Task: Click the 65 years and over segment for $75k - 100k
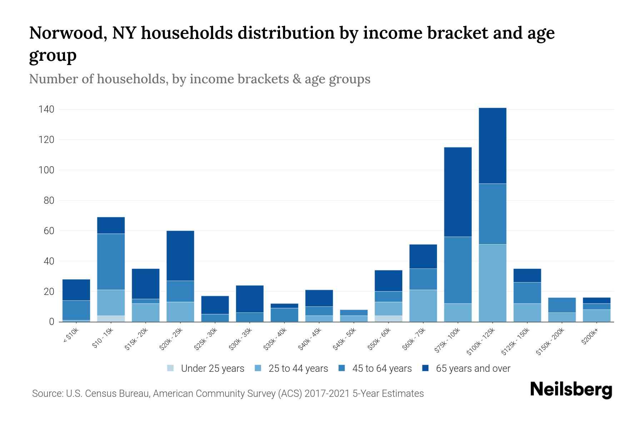tap(458, 192)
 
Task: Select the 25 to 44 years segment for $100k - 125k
tap(492, 283)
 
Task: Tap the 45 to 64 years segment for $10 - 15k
tap(111, 262)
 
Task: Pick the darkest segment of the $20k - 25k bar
tap(180, 256)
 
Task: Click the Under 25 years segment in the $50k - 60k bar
tap(388, 319)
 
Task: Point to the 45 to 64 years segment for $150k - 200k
tap(562, 305)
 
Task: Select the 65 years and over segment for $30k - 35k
tap(250, 299)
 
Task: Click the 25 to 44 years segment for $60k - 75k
tap(423, 306)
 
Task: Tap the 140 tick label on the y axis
tap(46, 109)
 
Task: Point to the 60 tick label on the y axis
tap(49, 231)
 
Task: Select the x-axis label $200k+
tap(589, 337)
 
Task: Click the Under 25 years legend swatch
tap(170, 368)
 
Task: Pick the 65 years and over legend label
tap(473, 369)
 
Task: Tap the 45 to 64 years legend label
tap(382, 369)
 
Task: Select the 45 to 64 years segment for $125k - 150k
tap(527, 293)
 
